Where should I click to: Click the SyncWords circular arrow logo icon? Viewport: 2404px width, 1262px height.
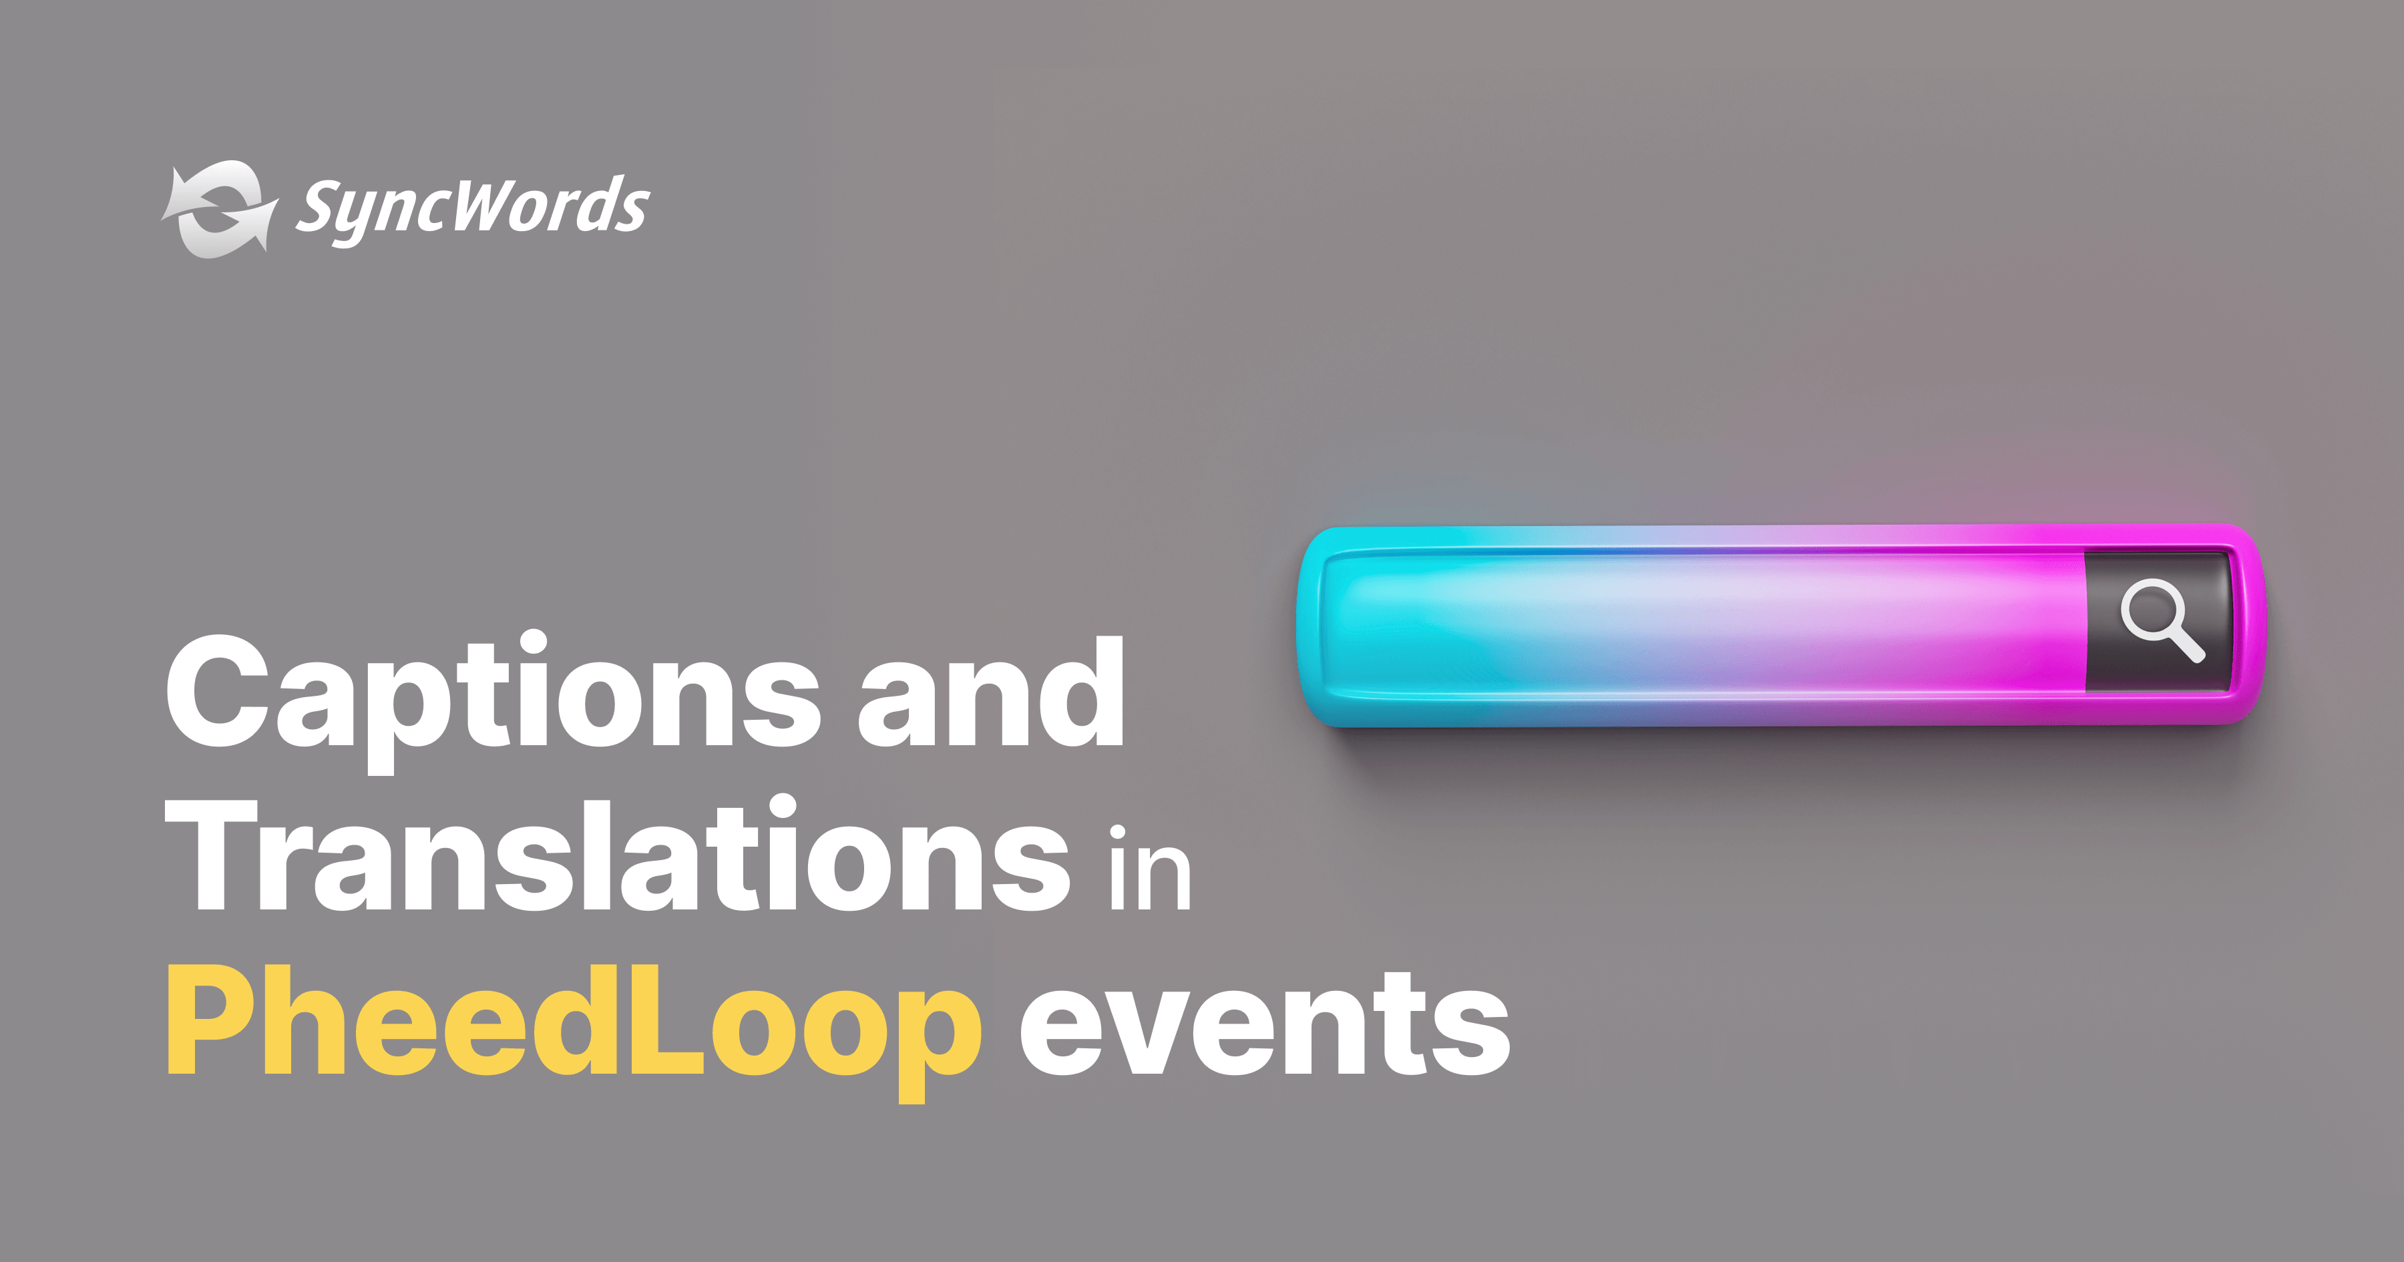click(218, 209)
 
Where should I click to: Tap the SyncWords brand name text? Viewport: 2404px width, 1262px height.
click(472, 207)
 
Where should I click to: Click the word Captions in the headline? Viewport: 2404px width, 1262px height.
click(493, 694)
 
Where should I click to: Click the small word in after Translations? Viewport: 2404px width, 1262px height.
click(1150, 868)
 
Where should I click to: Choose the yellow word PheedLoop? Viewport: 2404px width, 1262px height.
click(573, 1023)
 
